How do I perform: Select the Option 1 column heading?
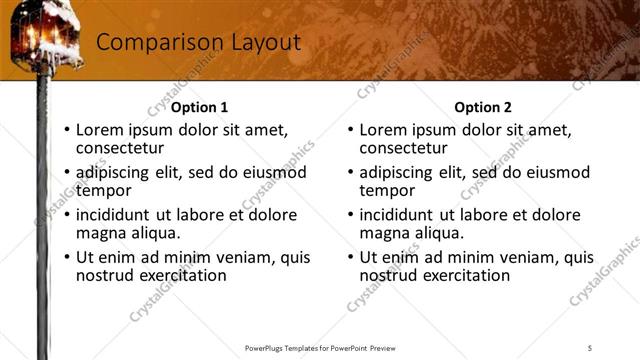click(200, 107)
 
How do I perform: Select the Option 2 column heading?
click(483, 107)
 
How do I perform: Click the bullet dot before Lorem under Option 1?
click(67, 130)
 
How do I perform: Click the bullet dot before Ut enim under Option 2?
click(350, 257)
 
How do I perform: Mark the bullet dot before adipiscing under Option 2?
click(350, 172)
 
